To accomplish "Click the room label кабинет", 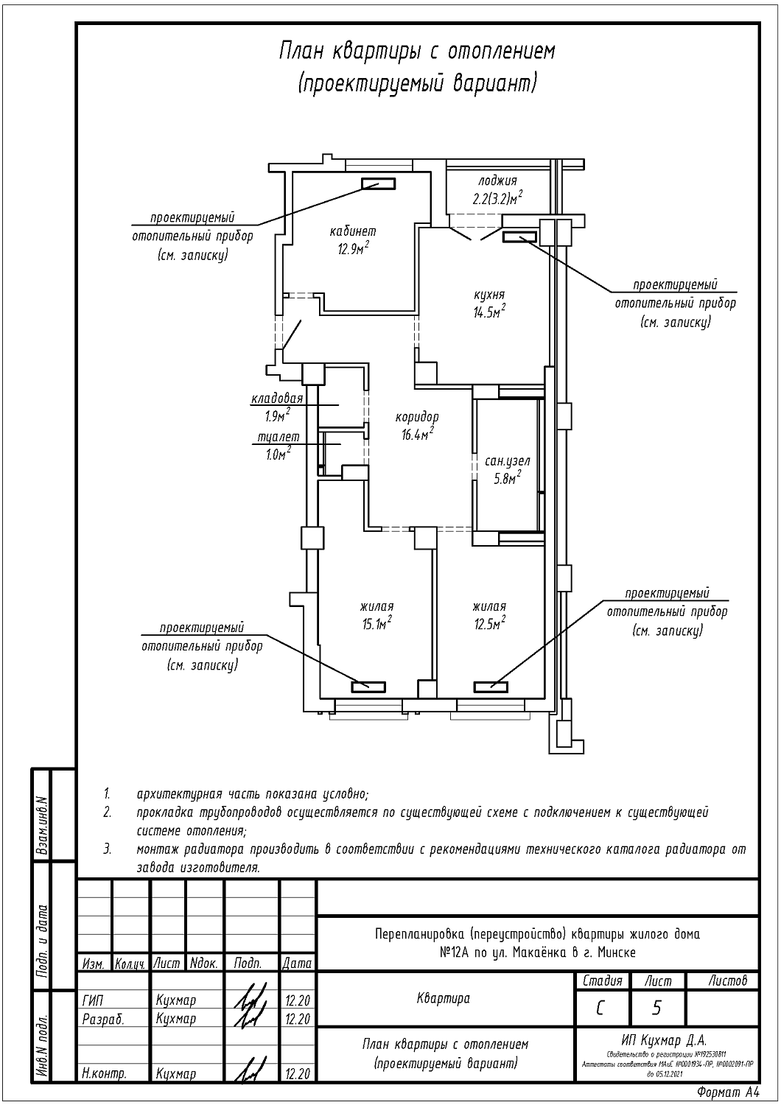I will coord(353,232).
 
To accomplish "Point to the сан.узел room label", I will coord(507,461).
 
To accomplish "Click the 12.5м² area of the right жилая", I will coord(489,625).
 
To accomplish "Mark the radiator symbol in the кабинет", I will coord(377,184).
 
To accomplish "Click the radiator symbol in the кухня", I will coord(519,236).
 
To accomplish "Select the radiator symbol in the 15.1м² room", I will coord(368,687).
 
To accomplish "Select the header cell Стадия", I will coord(602,981).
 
